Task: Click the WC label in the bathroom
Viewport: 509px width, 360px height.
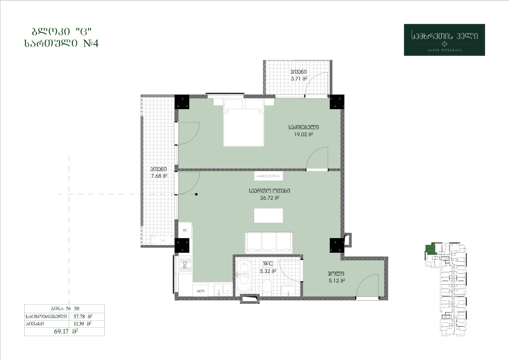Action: pyautogui.click(x=268, y=263)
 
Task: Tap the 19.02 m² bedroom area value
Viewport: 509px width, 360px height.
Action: pyautogui.click(x=303, y=134)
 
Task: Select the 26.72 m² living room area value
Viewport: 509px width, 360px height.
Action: pyautogui.click(x=270, y=198)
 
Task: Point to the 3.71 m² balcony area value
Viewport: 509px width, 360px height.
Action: pyautogui.click(x=299, y=79)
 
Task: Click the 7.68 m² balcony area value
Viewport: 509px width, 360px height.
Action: pyautogui.click(x=159, y=176)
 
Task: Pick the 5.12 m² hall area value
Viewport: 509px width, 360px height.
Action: pyautogui.click(x=337, y=281)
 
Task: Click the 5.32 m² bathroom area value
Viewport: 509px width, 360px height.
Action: pyautogui.click(x=268, y=271)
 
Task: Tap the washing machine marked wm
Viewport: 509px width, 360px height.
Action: pyautogui.click(x=200, y=291)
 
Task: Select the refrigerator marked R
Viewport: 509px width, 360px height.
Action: pyautogui.click(x=185, y=230)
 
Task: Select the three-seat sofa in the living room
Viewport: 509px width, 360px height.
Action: pyautogui.click(x=269, y=243)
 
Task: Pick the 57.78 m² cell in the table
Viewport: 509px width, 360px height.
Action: pyautogui.click(x=87, y=316)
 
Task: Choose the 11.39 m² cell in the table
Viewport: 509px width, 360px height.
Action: pyautogui.click(x=87, y=324)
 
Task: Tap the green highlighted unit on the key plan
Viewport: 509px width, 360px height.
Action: pyautogui.click(x=431, y=249)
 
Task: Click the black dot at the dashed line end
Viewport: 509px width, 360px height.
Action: pyautogui.click(x=196, y=194)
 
